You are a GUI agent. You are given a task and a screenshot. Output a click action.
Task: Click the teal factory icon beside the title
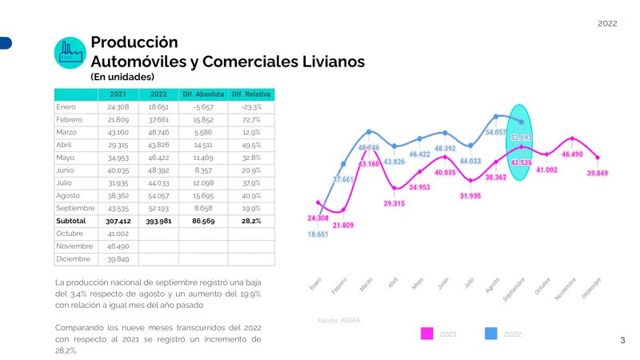(70, 52)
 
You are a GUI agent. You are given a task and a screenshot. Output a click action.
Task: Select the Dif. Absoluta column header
(203, 94)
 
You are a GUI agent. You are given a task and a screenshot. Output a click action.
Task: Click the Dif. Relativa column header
(251, 94)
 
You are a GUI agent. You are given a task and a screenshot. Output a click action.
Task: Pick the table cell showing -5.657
(203, 106)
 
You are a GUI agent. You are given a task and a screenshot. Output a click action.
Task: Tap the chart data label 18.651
(318, 234)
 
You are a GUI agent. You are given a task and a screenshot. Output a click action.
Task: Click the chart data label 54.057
(496, 132)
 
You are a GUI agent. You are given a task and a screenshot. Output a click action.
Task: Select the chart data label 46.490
(572, 154)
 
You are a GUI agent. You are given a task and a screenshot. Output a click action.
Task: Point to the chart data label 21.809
(343, 226)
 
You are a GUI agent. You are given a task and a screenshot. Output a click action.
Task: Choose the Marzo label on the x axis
(366, 284)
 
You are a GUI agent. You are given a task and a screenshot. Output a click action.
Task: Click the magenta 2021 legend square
(427, 334)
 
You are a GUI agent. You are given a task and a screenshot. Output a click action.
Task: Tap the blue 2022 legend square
(491, 334)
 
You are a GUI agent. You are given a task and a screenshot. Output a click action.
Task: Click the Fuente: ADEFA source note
(338, 320)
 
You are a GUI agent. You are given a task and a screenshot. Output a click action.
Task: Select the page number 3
(622, 341)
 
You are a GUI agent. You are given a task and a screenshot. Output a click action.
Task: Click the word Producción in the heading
(134, 42)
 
